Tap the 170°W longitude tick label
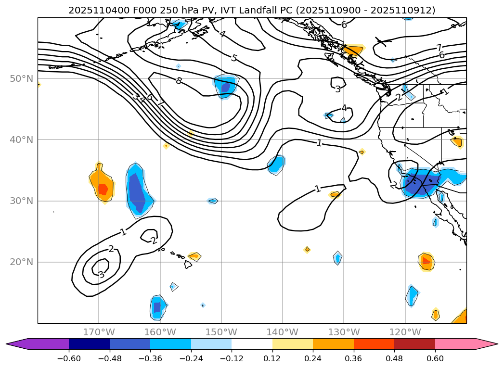coord(99,332)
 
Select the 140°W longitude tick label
coord(283,332)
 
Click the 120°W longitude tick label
coord(405,332)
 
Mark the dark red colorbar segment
coord(414,343)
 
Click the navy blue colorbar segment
coord(89,343)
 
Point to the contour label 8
coord(179,81)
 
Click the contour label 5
coord(234,58)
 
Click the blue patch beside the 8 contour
coord(225,86)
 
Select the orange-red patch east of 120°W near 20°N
coord(426,261)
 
